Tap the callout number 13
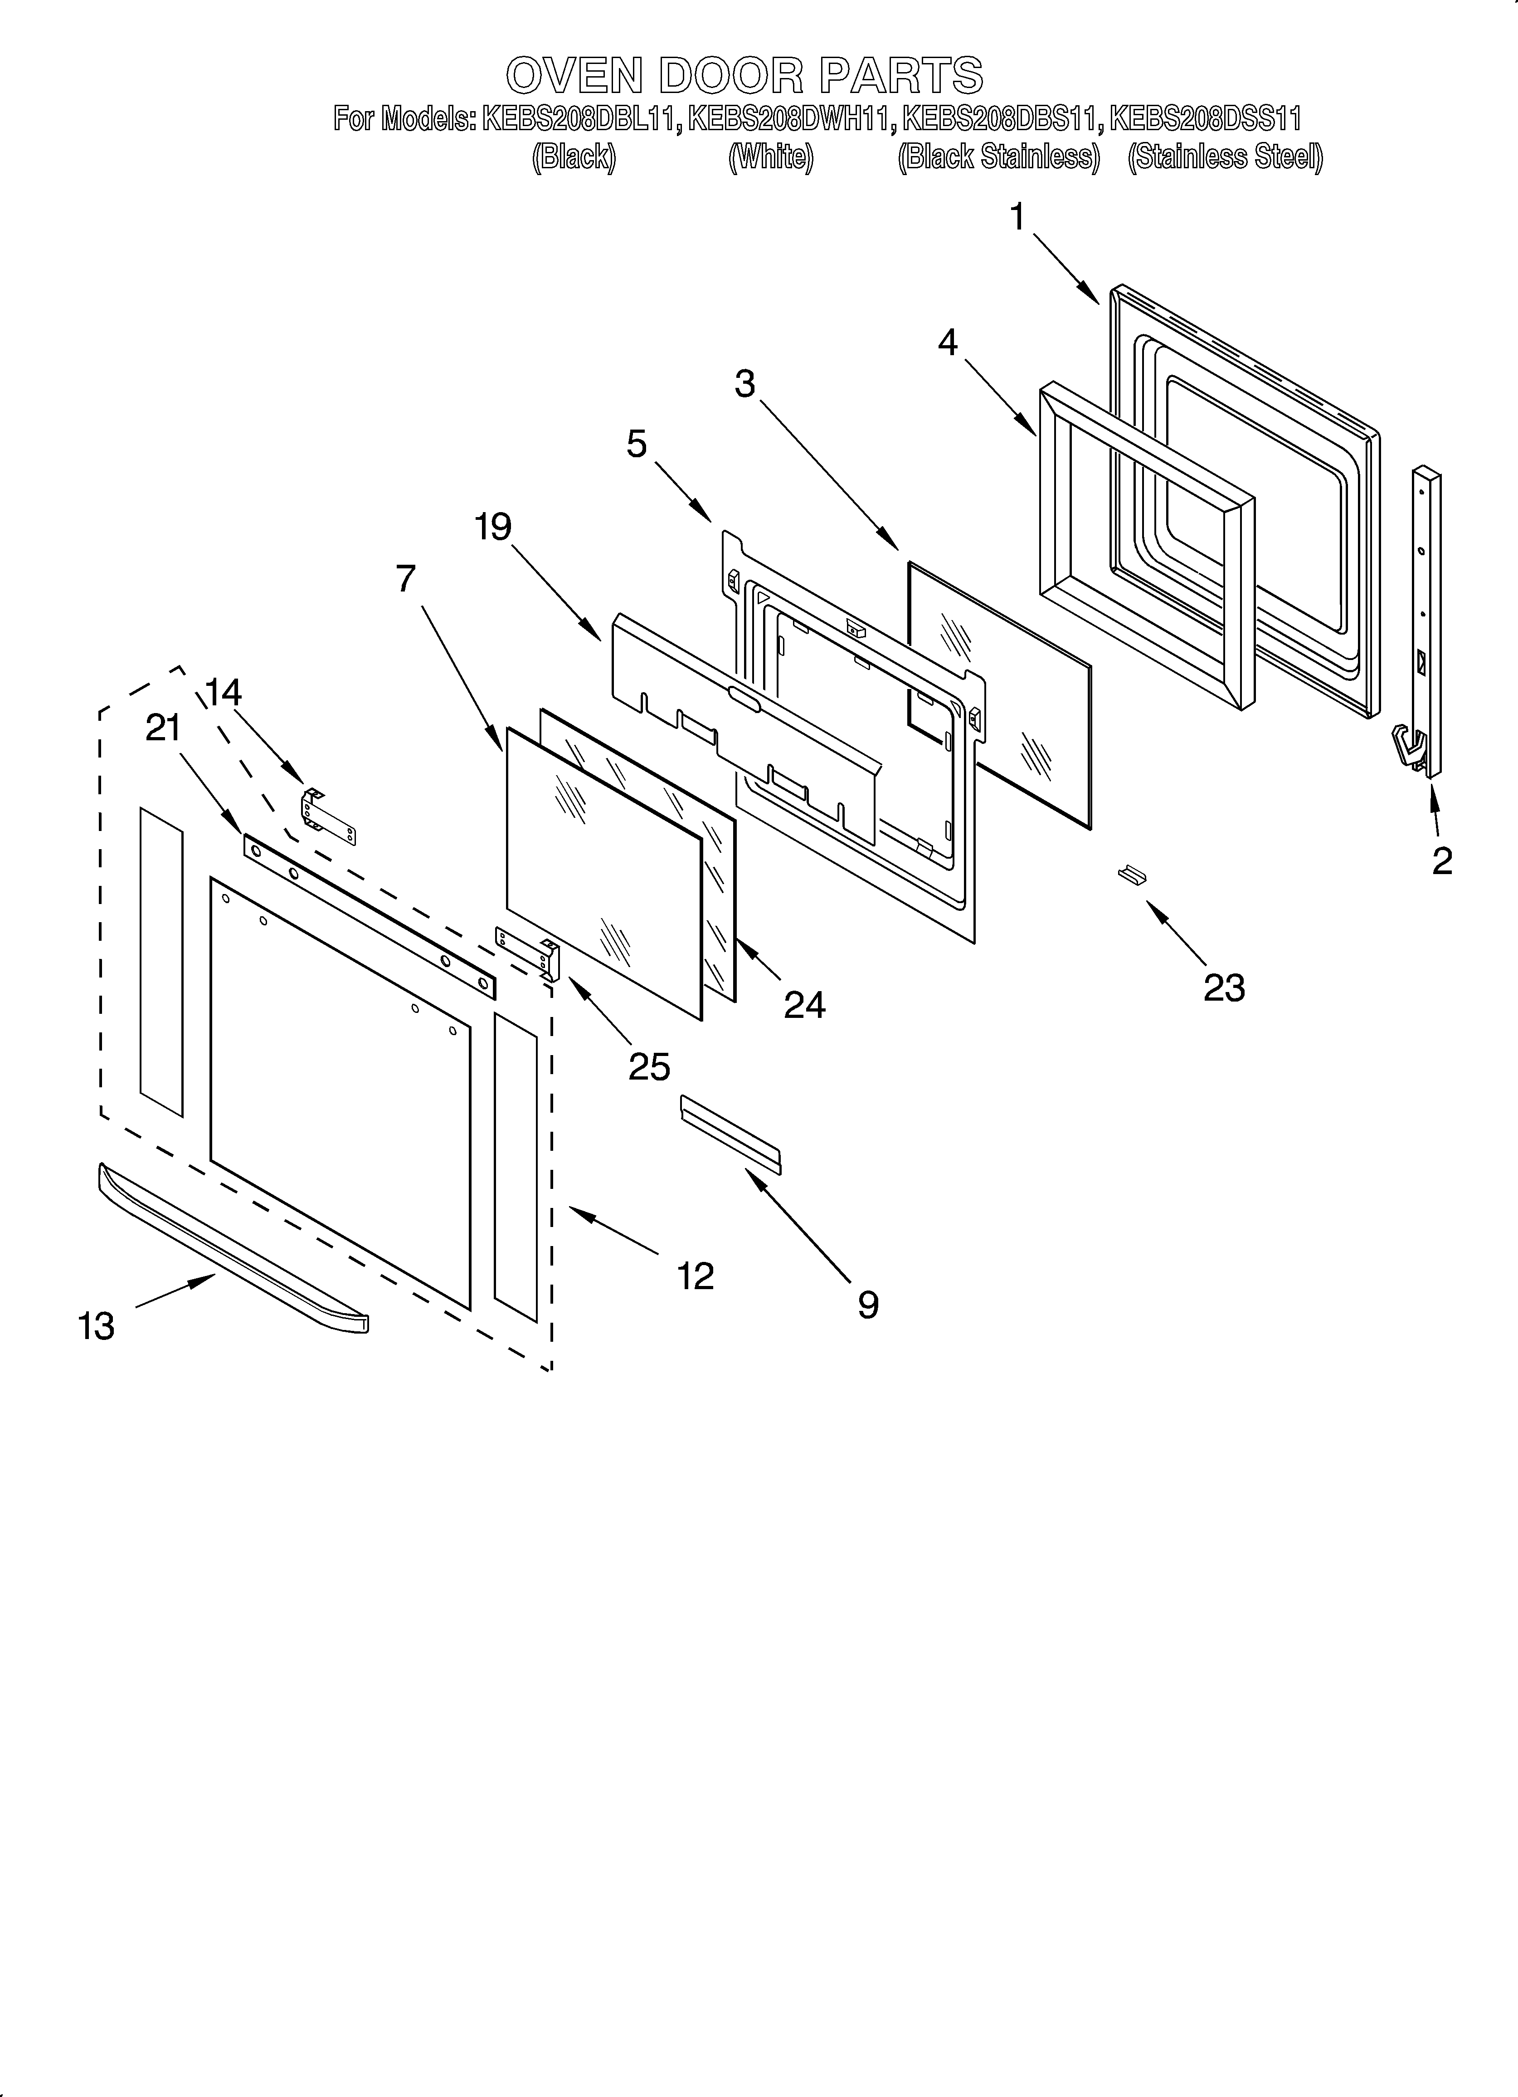click(x=96, y=1326)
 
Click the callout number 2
click(x=1441, y=861)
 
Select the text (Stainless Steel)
click(x=1225, y=157)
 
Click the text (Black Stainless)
click(x=998, y=157)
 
